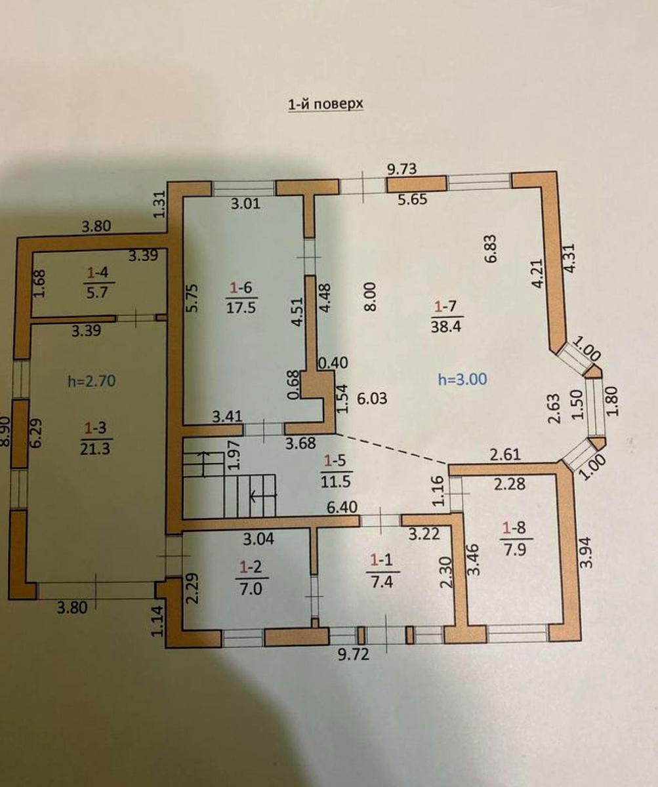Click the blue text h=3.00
click(463, 379)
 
